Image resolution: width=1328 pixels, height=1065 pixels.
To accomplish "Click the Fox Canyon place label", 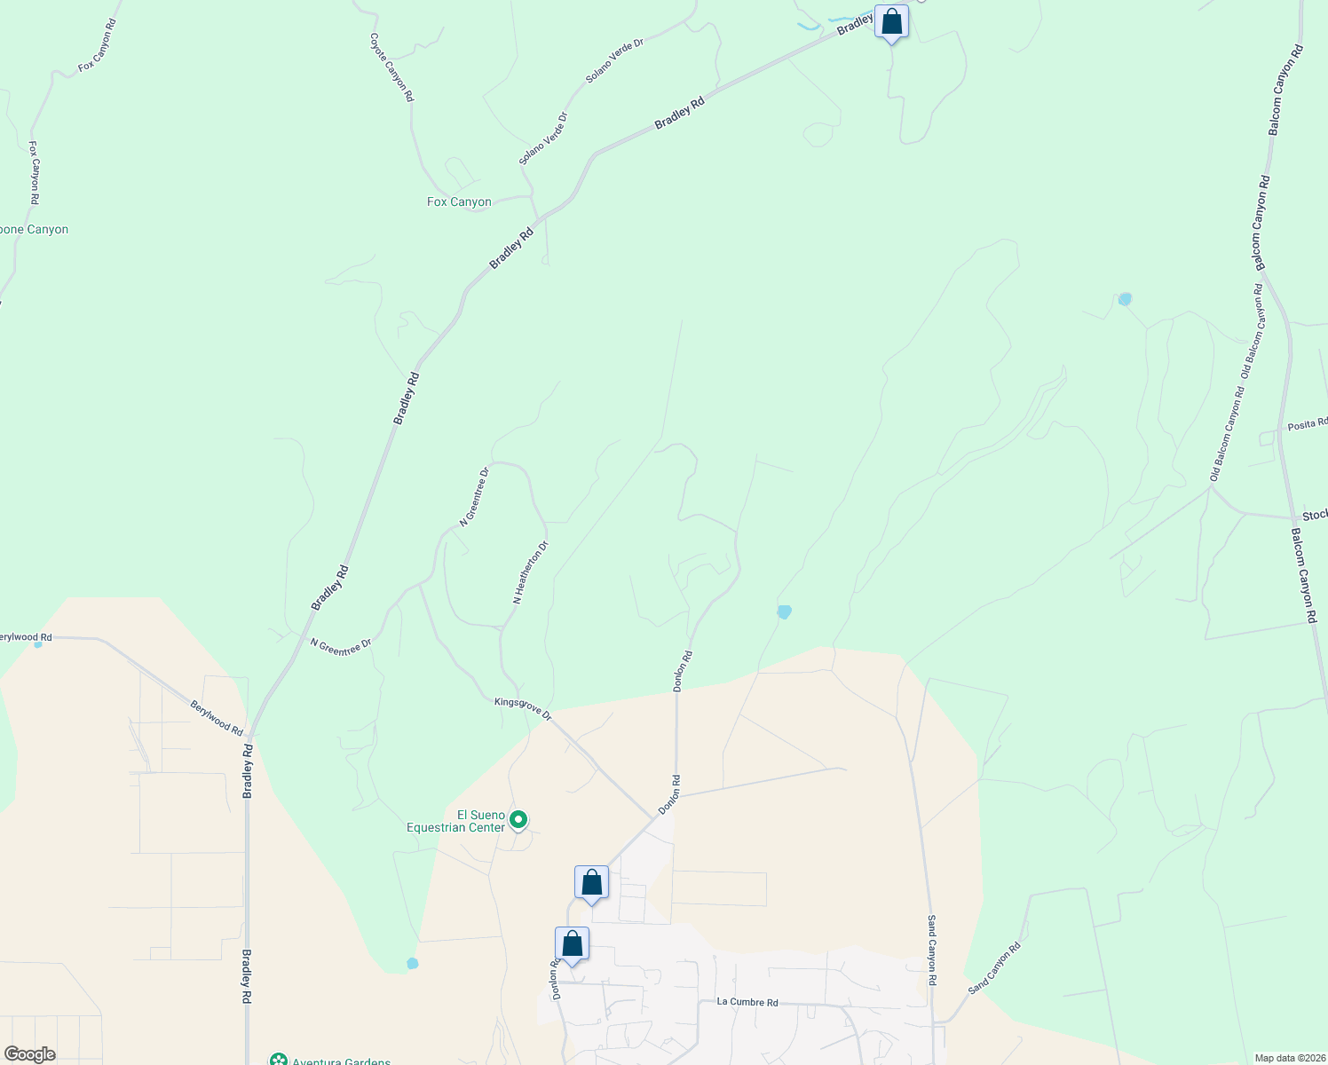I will click(459, 202).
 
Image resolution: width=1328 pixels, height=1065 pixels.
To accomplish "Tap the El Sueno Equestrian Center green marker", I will click(520, 819).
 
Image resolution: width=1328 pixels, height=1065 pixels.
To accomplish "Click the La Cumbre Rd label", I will click(747, 1003).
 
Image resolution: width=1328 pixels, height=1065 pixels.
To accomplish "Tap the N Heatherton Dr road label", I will click(531, 573).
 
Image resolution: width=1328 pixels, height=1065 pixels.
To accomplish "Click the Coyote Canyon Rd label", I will click(391, 67).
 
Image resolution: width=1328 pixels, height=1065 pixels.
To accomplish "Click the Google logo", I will click(29, 1054).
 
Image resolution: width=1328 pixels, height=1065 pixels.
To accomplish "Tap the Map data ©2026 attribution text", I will click(1288, 1058).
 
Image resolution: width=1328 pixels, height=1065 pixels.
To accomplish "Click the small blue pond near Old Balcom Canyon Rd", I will click(1125, 299).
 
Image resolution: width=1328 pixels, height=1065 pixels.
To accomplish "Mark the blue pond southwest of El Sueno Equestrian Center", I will click(412, 963).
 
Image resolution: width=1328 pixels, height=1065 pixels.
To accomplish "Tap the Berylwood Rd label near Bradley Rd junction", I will click(217, 718).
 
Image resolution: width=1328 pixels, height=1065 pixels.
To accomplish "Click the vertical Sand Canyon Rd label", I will click(932, 951).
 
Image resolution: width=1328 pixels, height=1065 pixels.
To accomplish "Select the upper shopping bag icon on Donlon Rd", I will click(591, 884).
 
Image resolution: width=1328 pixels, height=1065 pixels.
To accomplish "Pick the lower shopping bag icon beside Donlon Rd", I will click(572, 945).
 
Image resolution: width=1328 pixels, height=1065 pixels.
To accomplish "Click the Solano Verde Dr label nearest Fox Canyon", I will click(543, 138).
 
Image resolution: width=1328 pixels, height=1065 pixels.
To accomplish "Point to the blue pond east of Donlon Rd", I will click(784, 611).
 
